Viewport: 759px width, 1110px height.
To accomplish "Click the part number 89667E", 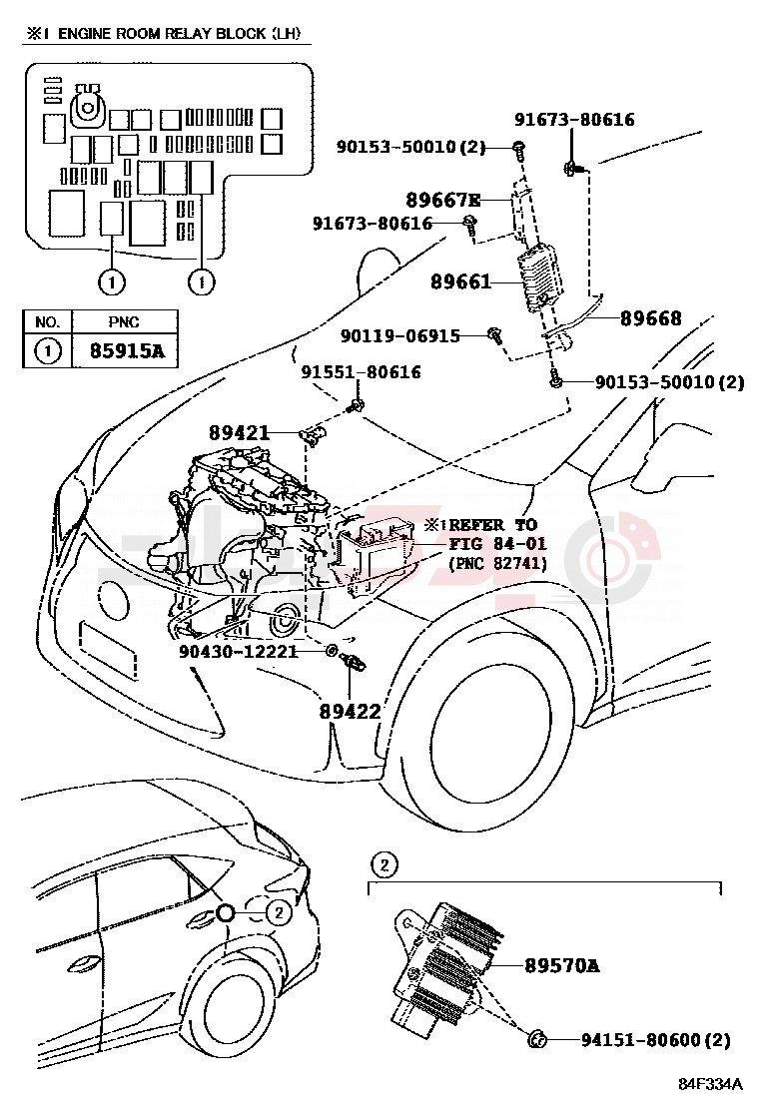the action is click(443, 200).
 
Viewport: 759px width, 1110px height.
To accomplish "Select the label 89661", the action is click(461, 281).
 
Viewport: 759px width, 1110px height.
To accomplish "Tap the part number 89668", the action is click(651, 318).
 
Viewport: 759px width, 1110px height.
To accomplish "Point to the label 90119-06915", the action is click(400, 335).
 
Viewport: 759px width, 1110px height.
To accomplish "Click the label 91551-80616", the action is click(362, 372).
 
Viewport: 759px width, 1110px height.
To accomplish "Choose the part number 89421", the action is click(240, 432).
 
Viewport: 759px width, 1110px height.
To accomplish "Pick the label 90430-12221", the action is click(238, 651).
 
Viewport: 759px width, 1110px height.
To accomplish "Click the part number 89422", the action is click(350, 712).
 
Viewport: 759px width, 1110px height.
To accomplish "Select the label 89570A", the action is click(562, 965).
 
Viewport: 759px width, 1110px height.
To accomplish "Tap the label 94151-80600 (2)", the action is click(655, 1040).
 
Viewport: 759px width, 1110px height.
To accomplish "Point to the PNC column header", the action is click(124, 322).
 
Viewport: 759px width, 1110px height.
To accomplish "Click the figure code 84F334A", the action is click(711, 1084).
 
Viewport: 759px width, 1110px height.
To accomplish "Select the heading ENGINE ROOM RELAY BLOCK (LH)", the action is click(180, 33).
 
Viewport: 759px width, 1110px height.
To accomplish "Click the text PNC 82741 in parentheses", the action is click(497, 563).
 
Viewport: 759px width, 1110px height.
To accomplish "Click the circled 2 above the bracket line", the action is click(384, 864).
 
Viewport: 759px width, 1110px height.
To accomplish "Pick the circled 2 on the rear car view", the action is click(279, 912).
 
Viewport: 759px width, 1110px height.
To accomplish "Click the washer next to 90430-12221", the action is click(331, 650).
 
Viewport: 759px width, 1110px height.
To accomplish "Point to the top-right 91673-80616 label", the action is click(574, 119).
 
